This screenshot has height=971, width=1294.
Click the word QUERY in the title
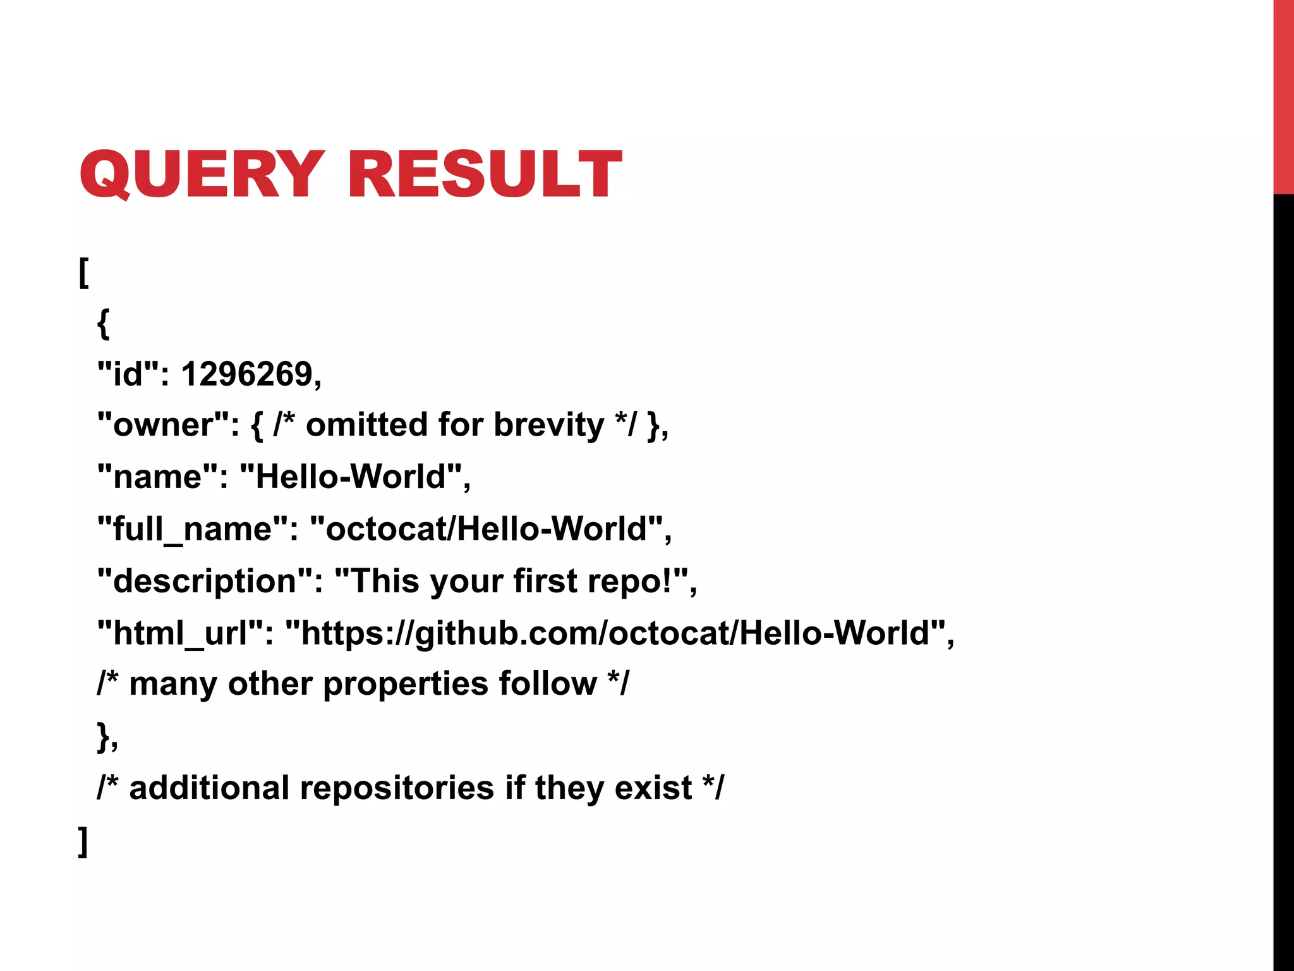click(x=202, y=174)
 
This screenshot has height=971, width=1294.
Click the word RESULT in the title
click(x=484, y=174)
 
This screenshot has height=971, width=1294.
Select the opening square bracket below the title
click(x=83, y=272)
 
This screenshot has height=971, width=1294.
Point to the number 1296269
click(x=251, y=374)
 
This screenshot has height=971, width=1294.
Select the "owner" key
click(x=168, y=425)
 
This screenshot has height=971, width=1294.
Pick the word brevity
click(x=548, y=425)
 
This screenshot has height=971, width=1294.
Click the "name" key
click(x=162, y=477)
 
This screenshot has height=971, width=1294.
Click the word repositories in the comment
click(x=397, y=788)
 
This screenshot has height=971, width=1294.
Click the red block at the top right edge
click(x=1283, y=97)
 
